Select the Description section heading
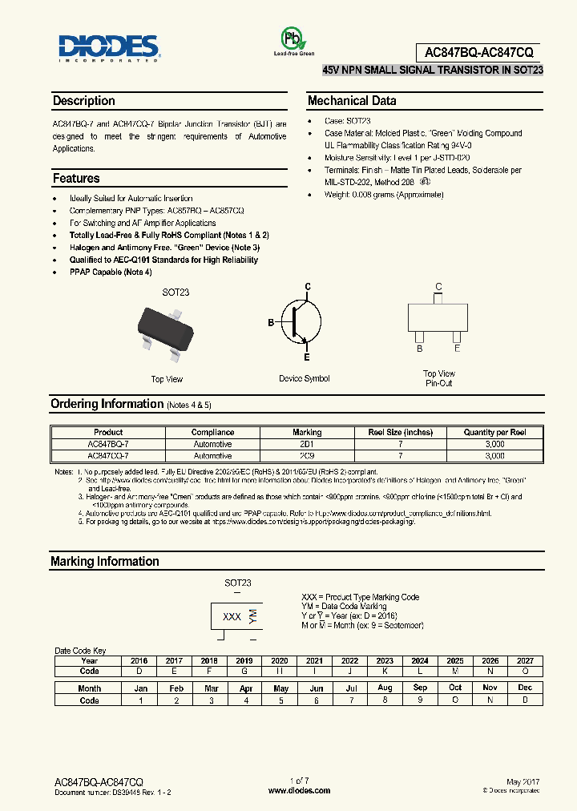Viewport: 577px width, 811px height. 83,101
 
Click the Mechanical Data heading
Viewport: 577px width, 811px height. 352,101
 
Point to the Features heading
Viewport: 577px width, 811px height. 76,178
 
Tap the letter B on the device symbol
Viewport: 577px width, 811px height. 271,322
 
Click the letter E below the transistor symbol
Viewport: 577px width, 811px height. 306,357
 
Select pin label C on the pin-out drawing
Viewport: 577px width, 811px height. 438,286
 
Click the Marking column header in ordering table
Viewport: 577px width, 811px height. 307,432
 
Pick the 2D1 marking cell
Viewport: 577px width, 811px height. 307,443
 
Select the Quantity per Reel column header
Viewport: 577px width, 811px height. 494,432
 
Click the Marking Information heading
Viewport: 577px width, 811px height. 105,561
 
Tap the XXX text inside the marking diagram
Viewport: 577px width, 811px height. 232,616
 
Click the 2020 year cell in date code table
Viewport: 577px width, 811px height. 279,660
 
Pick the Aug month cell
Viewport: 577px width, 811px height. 385,688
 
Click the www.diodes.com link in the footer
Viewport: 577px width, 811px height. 299,790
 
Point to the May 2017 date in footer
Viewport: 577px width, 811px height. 524,781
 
